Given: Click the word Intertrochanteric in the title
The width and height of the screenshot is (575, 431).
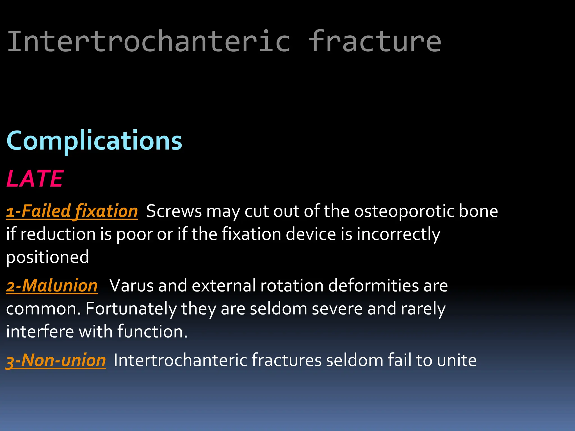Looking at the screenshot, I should [x=148, y=42].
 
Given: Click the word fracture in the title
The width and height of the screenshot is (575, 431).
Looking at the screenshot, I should [x=375, y=42].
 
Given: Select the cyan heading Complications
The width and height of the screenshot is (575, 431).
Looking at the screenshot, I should [x=94, y=141].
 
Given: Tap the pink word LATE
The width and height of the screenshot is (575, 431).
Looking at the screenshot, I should [x=35, y=179].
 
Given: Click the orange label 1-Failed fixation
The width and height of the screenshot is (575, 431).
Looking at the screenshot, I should [x=72, y=211].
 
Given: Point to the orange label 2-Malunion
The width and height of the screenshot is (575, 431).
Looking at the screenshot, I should [x=52, y=286].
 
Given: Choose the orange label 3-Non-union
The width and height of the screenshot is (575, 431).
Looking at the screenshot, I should [x=56, y=360].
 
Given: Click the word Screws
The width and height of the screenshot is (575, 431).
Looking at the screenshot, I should [x=174, y=211].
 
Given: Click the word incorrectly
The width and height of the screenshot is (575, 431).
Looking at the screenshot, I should [x=398, y=234].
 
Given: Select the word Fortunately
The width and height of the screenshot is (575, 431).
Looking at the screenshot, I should [x=131, y=309].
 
